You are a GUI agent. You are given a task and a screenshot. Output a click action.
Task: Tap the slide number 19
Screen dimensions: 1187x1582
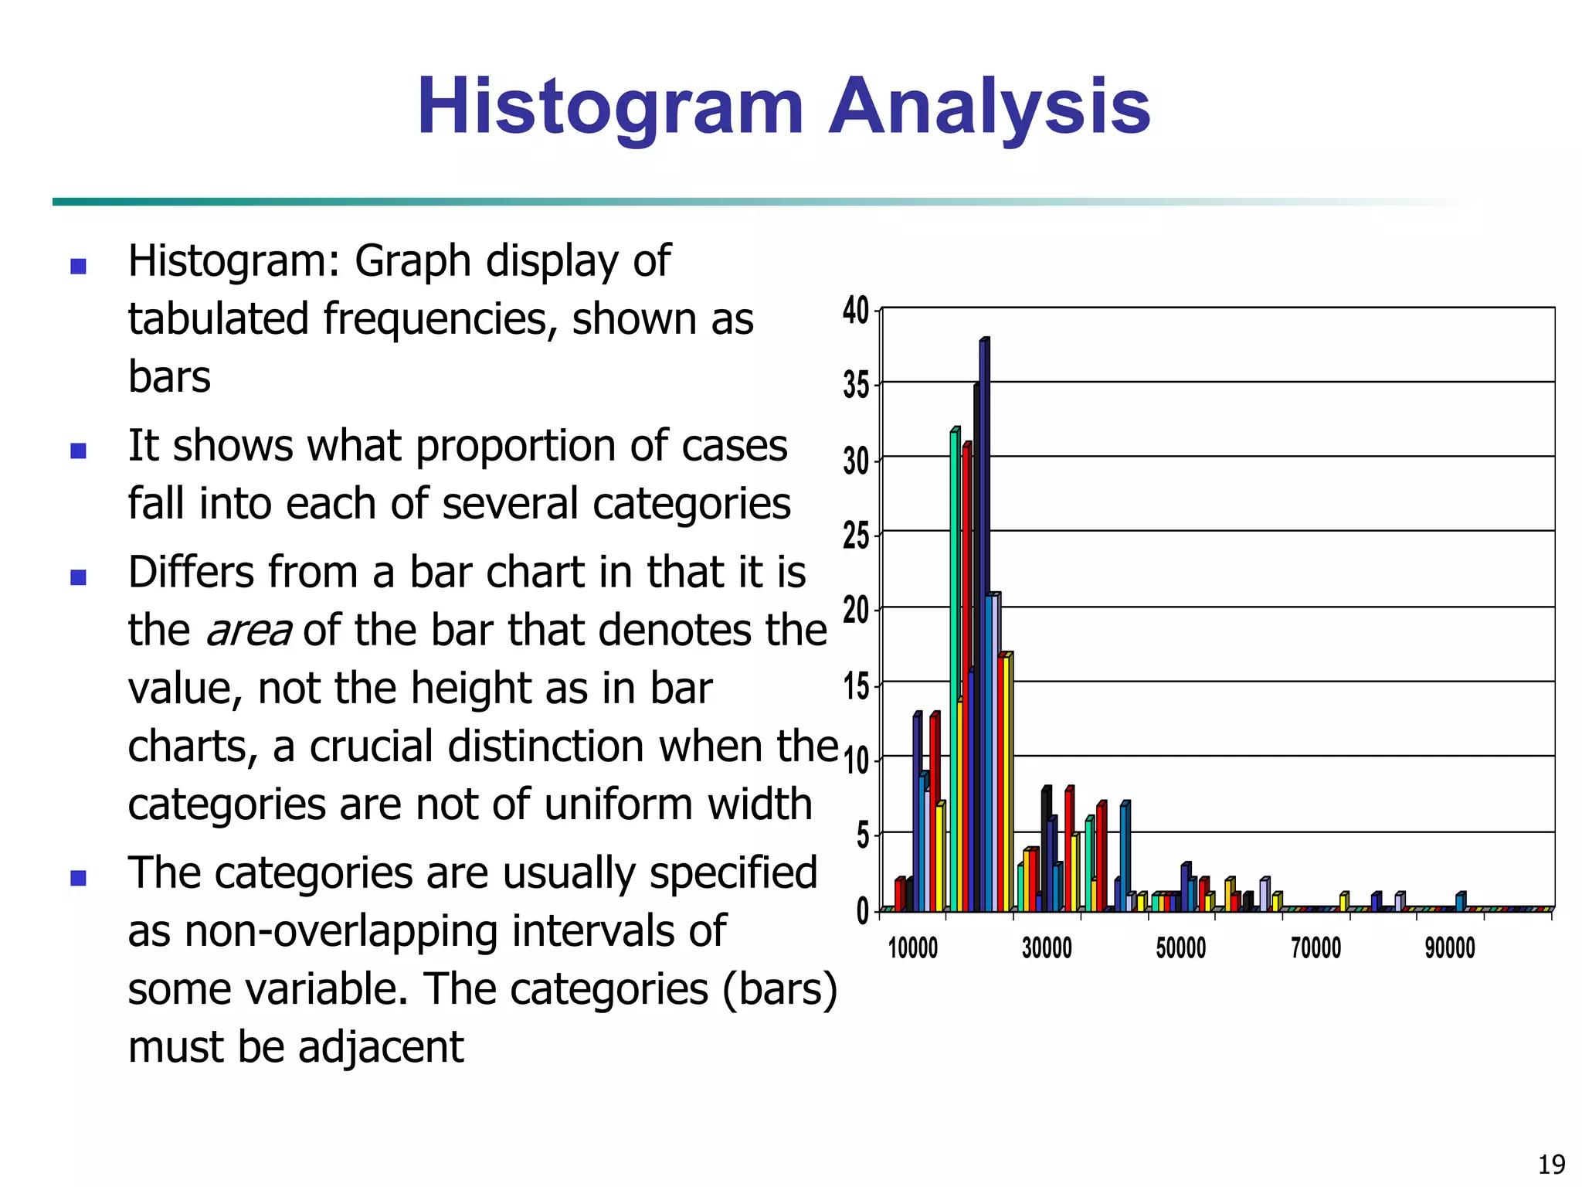(x=1551, y=1164)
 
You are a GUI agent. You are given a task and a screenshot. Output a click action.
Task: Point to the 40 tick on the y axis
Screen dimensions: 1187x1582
(x=856, y=311)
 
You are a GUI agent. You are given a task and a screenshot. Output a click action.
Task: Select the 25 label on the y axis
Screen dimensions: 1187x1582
(x=856, y=535)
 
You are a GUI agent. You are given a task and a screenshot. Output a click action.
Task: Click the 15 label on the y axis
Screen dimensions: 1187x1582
(x=856, y=685)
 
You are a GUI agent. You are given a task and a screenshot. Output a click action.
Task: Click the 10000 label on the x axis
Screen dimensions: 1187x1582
(x=912, y=948)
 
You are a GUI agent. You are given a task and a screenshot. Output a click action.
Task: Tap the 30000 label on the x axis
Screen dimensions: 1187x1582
(x=1047, y=948)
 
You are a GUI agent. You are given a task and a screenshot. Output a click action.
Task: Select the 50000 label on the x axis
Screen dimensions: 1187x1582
(x=1180, y=948)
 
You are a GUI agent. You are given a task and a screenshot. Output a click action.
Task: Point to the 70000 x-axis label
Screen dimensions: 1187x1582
(x=1316, y=948)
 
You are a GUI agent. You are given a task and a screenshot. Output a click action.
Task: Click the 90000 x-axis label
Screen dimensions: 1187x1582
(x=1450, y=948)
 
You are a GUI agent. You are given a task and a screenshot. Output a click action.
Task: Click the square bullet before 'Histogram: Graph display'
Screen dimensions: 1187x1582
(x=78, y=267)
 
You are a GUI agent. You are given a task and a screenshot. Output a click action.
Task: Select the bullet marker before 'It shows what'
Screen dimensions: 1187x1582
(x=78, y=451)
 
